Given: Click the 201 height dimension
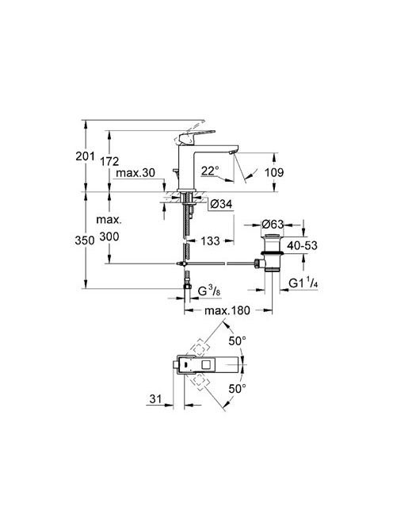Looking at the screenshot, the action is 85,156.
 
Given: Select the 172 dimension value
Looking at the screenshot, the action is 109,161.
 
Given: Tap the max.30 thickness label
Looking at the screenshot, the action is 135,173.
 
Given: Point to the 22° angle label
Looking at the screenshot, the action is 210,171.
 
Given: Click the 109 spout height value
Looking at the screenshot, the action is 274,172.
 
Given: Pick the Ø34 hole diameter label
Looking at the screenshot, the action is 222,204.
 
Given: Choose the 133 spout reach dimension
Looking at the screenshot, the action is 211,240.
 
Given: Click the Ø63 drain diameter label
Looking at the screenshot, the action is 273,224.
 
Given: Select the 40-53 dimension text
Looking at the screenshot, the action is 302,245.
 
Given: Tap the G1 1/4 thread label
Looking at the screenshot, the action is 303,283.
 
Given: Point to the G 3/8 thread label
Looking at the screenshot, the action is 209,290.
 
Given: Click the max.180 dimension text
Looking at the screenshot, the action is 227,310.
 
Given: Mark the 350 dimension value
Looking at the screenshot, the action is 85,240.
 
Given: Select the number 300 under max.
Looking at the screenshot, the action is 109,237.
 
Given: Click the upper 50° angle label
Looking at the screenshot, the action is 237,340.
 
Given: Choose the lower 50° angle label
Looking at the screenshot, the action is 237,389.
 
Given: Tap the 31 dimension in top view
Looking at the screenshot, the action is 155,399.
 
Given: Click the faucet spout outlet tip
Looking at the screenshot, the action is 231,153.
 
